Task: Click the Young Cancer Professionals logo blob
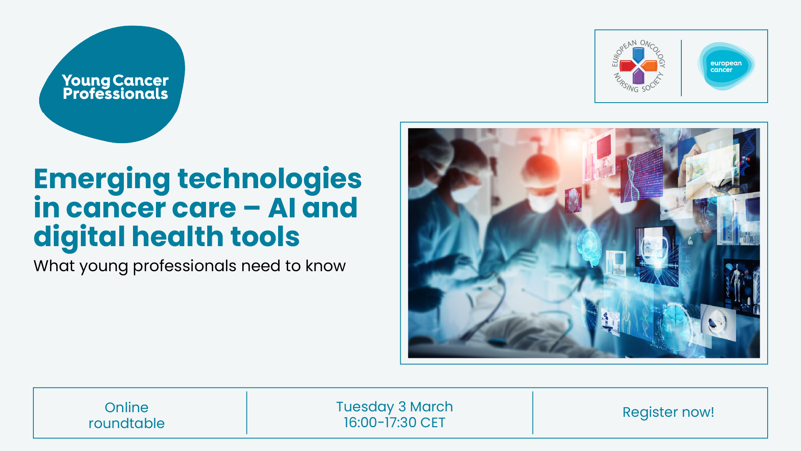(x=113, y=83)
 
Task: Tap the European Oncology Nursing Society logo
(x=638, y=66)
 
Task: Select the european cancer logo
(x=726, y=66)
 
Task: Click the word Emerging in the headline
(x=102, y=180)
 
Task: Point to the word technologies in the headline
(x=269, y=179)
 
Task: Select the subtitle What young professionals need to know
(x=190, y=266)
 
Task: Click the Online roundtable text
(x=127, y=415)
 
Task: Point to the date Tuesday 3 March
(x=394, y=406)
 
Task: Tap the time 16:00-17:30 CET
(x=394, y=423)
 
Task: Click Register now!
(x=668, y=412)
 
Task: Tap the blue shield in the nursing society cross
(x=638, y=55)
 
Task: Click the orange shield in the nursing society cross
(x=649, y=66)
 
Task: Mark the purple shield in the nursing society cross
(x=638, y=76)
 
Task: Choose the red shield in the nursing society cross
(x=628, y=66)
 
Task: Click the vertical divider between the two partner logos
(x=681, y=68)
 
